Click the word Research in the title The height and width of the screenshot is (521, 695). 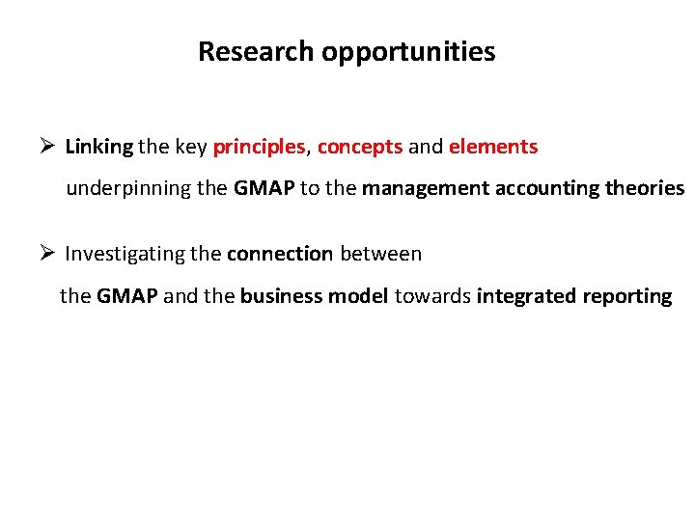point(257,52)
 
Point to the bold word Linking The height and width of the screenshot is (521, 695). point(98,148)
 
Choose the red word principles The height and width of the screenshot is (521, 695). point(259,148)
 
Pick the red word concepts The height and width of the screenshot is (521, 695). point(359,148)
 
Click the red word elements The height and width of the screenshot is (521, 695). point(492,147)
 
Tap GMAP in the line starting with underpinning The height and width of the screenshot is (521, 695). point(264,188)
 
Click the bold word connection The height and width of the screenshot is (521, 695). point(280,254)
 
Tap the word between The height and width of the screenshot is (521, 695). point(380,254)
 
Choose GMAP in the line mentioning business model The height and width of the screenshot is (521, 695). point(127,296)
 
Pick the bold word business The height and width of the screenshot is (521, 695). point(279,296)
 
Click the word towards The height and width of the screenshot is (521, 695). point(432,296)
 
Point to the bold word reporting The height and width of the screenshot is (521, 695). point(627,297)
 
